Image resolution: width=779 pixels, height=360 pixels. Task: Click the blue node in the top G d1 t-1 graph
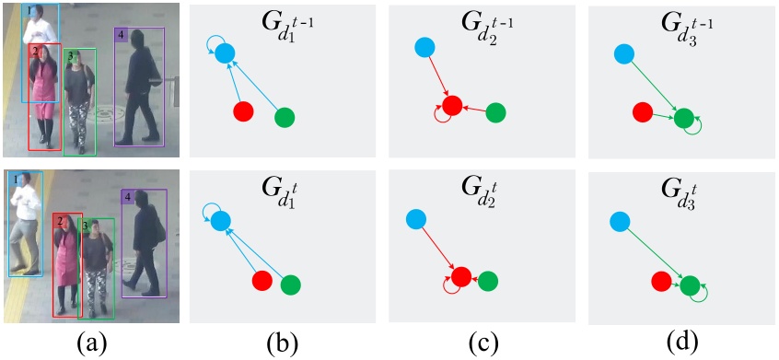[x=226, y=53]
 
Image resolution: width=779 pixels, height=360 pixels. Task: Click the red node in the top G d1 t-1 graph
[x=243, y=111]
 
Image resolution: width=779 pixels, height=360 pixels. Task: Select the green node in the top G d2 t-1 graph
[x=495, y=112]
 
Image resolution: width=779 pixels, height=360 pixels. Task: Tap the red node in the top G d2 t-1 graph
[x=450, y=106]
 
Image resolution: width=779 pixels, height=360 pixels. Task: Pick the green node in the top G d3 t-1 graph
[x=683, y=118]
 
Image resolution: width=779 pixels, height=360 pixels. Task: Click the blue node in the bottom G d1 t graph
[x=220, y=220]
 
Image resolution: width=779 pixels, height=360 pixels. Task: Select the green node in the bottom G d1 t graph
[x=291, y=285]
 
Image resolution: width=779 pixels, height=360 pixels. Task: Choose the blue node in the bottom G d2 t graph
[x=415, y=218]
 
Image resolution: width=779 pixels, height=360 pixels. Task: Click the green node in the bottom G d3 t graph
[x=690, y=285]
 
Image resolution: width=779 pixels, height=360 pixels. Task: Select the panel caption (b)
[x=286, y=343]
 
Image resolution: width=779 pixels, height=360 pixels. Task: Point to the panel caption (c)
[x=484, y=343]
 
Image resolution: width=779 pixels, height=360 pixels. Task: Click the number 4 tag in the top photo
[x=122, y=35]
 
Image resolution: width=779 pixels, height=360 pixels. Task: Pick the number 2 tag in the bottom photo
[x=58, y=222]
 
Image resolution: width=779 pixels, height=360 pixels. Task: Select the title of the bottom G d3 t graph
[x=680, y=191]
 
